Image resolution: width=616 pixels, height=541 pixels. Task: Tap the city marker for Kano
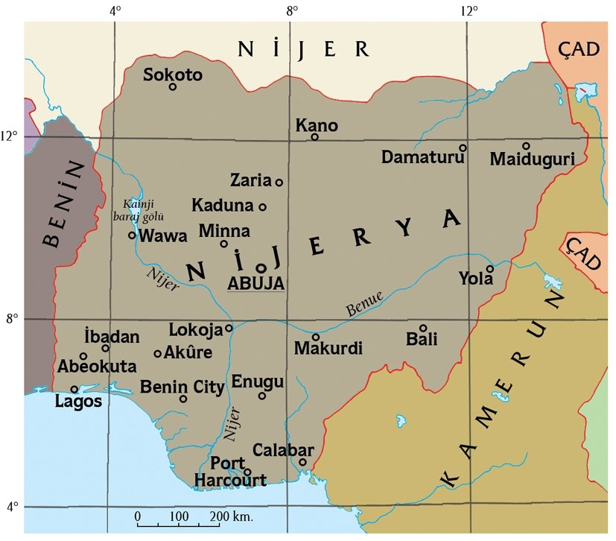pyautogui.click(x=315, y=136)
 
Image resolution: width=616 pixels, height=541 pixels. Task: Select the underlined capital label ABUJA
pyautogui.click(x=255, y=283)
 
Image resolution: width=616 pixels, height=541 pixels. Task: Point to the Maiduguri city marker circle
pyautogui.click(x=526, y=146)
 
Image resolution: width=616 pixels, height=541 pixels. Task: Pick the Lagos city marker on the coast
pyautogui.click(x=74, y=389)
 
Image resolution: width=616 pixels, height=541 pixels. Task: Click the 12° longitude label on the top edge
pyautogui.click(x=469, y=10)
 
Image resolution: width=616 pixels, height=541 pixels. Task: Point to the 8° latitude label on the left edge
pyautogui.click(x=12, y=319)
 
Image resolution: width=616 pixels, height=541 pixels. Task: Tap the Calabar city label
pyautogui.click(x=283, y=451)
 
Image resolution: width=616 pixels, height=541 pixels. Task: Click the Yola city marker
pyautogui.click(x=490, y=269)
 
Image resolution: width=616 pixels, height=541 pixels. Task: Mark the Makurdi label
pyautogui.click(x=328, y=348)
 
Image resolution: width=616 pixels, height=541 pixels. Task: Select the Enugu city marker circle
pyautogui.click(x=261, y=396)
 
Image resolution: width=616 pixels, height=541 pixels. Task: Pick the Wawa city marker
pyautogui.click(x=133, y=235)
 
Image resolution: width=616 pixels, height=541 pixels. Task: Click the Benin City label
pyautogui.click(x=182, y=387)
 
